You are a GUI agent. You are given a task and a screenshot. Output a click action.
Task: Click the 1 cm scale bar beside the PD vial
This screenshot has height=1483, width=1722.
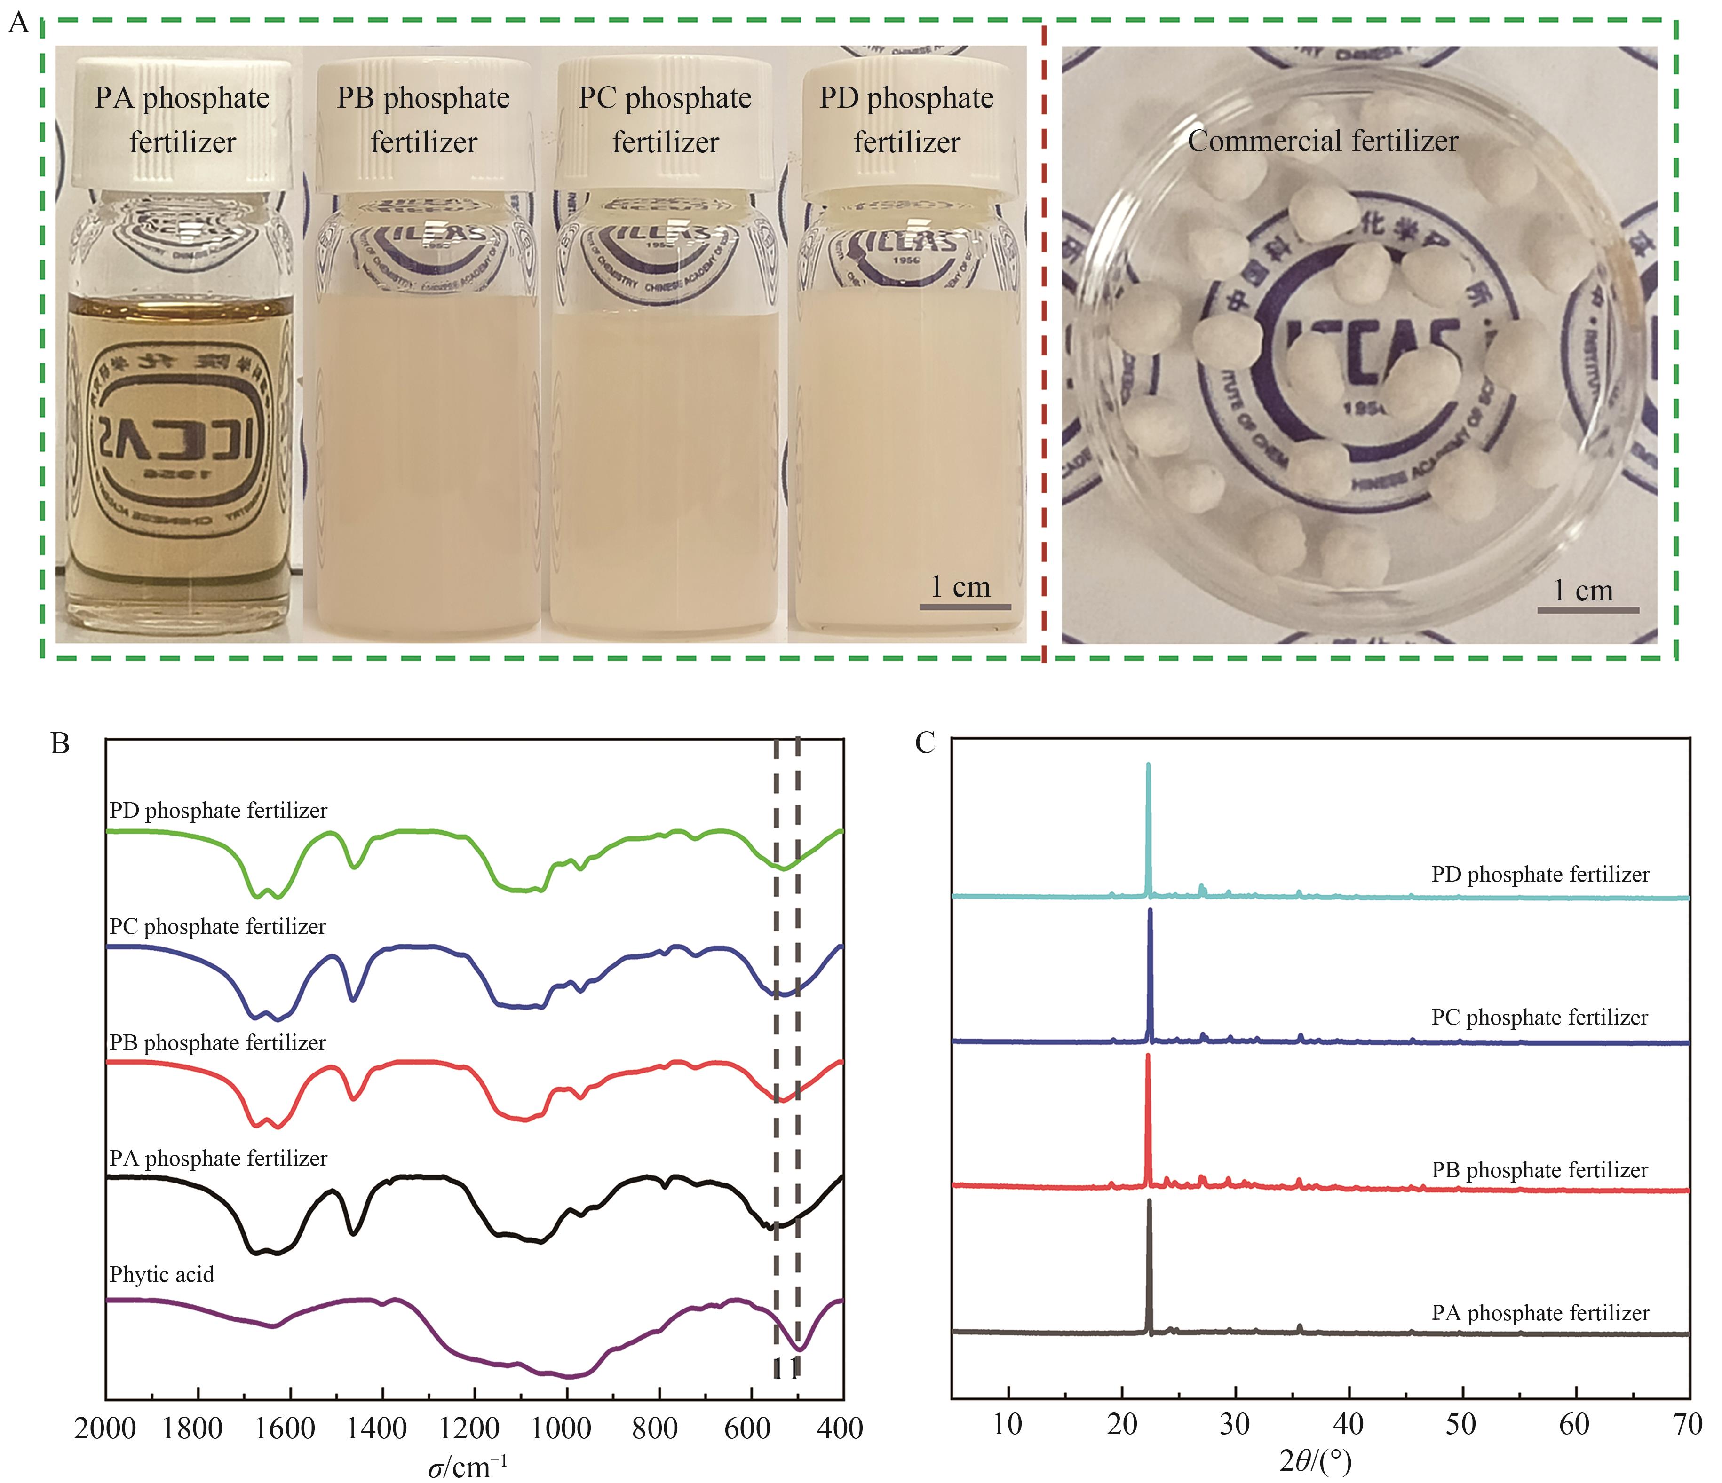[964, 607]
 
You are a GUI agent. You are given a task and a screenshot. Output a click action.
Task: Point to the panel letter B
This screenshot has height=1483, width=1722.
[60, 742]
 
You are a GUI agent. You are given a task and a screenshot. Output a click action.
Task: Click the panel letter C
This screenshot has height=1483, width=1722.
[925, 742]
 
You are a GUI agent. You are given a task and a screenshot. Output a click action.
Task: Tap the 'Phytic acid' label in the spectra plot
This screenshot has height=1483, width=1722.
[162, 1274]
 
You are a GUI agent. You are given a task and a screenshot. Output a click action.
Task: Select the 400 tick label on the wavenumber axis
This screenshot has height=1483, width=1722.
[840, 1428]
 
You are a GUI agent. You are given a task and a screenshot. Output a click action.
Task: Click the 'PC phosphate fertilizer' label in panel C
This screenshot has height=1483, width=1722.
[1539, 1017]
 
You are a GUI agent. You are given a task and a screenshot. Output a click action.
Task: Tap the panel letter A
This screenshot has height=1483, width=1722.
[18, 23]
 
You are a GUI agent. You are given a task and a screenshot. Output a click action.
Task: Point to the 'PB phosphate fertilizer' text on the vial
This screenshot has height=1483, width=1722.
[424, 119]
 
